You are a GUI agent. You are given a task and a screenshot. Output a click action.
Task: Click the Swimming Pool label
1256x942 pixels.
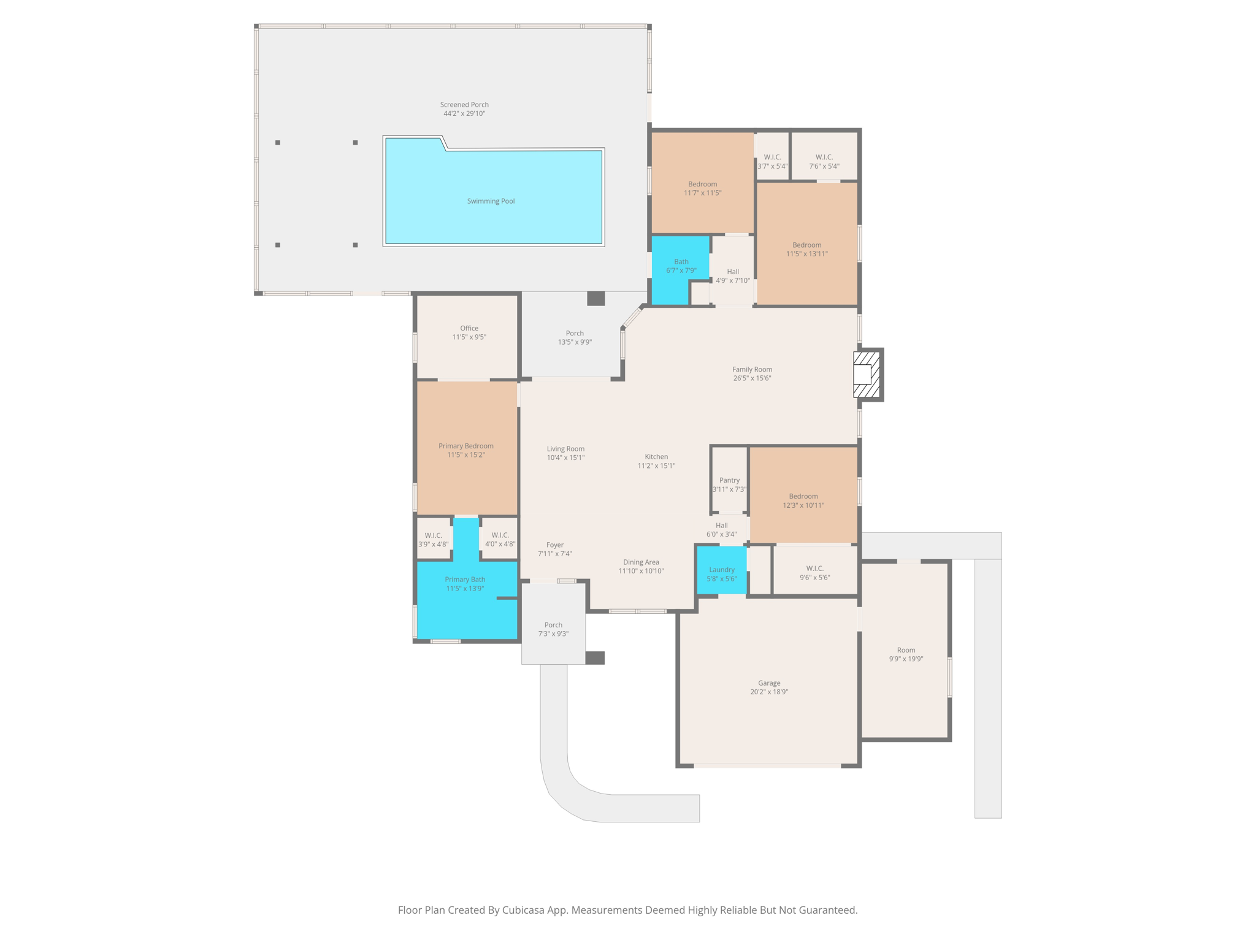coord(491,201)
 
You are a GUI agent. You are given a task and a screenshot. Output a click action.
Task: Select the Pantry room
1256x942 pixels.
coord(729,484)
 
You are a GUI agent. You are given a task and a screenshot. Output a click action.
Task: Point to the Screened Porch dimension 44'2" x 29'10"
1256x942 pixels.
coord(464,113)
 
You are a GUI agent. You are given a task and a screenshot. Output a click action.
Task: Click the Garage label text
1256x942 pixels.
coord(769,683)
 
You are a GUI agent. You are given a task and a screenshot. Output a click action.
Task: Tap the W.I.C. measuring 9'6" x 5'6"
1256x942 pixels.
coord(814,573)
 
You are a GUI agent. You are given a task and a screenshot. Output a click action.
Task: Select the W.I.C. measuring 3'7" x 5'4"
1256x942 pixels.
coord(772,161)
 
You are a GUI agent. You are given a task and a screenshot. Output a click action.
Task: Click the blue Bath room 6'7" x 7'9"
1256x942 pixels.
coord(681,266)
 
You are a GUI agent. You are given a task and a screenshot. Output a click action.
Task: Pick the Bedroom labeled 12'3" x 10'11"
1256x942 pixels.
coord(803,500)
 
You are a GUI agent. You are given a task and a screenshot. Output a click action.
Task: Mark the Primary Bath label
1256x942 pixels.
coord(465,579)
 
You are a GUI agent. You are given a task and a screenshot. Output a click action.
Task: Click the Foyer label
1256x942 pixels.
coord(554,545)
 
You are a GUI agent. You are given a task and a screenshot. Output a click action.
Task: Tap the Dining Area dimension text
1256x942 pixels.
coord(641,571)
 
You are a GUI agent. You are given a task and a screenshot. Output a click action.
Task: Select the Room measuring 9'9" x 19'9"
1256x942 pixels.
coord(905,654)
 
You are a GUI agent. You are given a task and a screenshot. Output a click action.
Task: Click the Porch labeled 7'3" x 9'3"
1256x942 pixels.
coord(553,629)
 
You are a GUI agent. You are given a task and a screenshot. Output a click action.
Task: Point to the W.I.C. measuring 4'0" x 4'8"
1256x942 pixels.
coord(500,540)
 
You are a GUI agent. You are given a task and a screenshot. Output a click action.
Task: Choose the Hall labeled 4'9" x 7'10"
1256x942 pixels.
coord(733,276)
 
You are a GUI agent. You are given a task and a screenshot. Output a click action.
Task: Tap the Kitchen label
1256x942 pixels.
coord(656,456)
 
